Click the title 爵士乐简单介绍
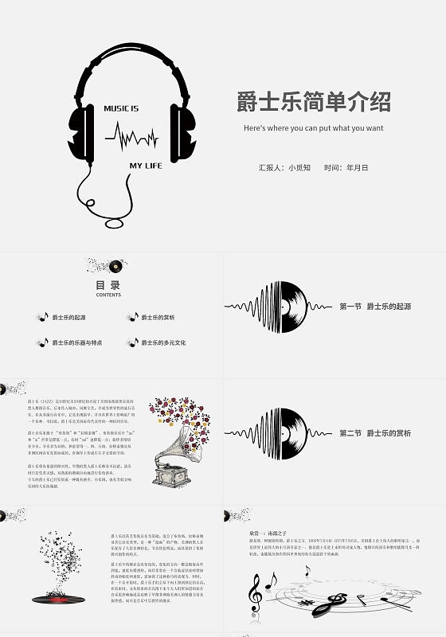click(313, 103)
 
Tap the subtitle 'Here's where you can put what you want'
click(313, 127)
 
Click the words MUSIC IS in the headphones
click(121, 107)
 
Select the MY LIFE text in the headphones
click(147, 166)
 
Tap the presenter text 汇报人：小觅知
click(284, 168)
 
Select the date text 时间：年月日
click(346, 168)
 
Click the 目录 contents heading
click(108, 285)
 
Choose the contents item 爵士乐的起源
click(68, 318)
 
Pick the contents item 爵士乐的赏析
click(158, 318)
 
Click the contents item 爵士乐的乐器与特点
click(76, 343)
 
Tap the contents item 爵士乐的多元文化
click(163, 343)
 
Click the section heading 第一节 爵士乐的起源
click(374, 307)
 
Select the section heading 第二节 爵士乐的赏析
click(374, 433)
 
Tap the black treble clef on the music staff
click(255, 594)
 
